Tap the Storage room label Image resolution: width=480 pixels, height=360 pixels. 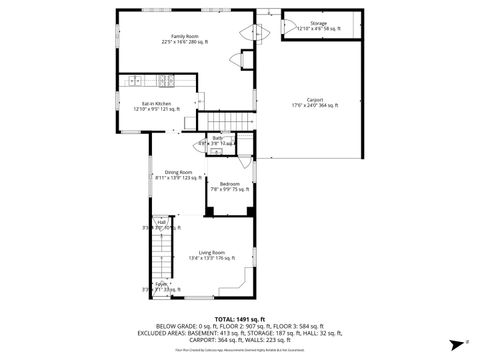[x=318, y=22]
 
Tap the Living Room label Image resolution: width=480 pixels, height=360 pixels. [x=211, y=253]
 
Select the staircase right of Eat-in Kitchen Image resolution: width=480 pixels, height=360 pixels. [x=232, y=121]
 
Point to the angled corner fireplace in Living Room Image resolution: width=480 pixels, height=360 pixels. [x=246, y=290]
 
